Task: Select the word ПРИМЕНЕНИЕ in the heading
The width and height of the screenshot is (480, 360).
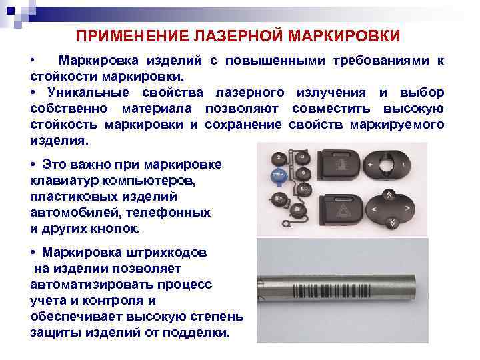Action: click(137, 35)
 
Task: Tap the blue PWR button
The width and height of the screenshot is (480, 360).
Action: click(277, 175)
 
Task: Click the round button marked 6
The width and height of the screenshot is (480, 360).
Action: click(303, 173)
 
